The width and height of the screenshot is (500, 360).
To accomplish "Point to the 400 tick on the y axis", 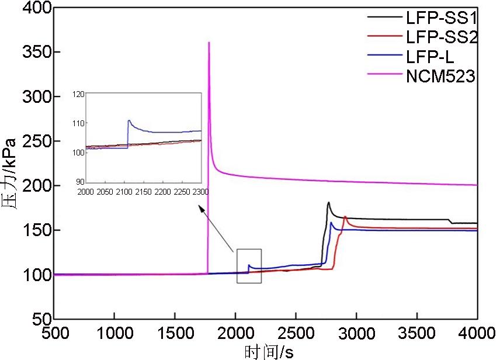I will (x=34, y=8).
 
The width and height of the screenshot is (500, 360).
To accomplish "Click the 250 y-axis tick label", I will (x=34, y=141).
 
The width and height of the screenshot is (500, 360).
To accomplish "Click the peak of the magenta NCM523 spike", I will (x=209, y=43).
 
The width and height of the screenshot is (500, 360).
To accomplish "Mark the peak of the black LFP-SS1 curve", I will (x=328, y=203).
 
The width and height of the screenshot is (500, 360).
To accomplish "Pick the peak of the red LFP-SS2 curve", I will (x=345, y=217).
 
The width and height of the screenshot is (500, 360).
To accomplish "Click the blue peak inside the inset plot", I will (x=129, y=120).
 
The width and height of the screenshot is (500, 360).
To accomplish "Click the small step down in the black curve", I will (x=450, y=221).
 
